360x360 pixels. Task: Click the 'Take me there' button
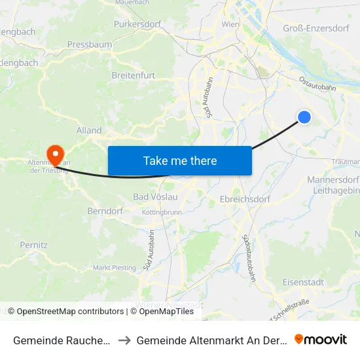point(179,160)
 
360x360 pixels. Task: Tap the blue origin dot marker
point(304,117)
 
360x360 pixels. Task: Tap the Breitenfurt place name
point(133,75)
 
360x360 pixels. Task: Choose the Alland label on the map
point(89,130)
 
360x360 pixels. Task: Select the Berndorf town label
point(105,211)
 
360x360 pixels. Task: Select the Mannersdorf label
point(333,179)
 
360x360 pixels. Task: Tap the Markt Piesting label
point(115,268)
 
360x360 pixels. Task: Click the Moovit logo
point(321,339)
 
